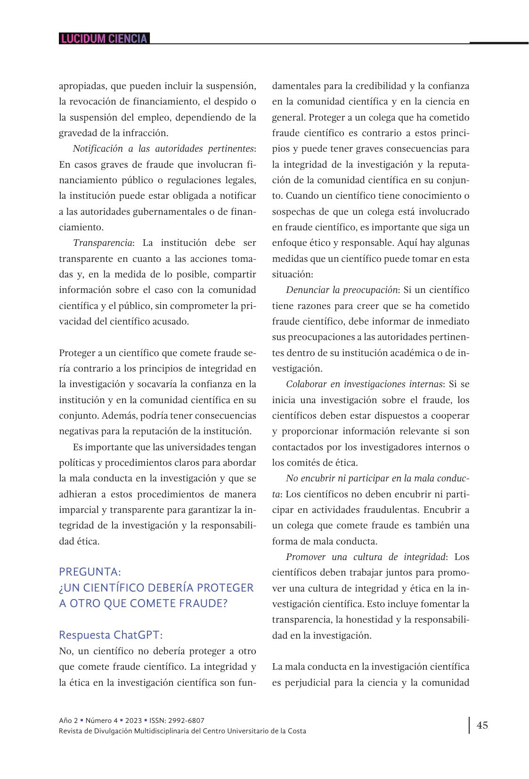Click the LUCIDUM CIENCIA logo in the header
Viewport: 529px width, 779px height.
click(104, 39)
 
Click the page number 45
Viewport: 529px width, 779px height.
click(482, 725)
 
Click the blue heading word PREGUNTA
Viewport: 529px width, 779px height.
click(90, 572)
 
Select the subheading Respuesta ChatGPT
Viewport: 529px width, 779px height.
click(111, 635)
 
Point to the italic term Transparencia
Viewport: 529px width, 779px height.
click(102, 243)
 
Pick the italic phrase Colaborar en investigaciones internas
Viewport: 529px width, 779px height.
click(364, 384)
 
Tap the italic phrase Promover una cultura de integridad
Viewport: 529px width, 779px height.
click(366, 557)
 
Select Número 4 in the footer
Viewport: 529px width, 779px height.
click(102, 720)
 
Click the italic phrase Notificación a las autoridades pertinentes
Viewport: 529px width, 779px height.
click(163, 149)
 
